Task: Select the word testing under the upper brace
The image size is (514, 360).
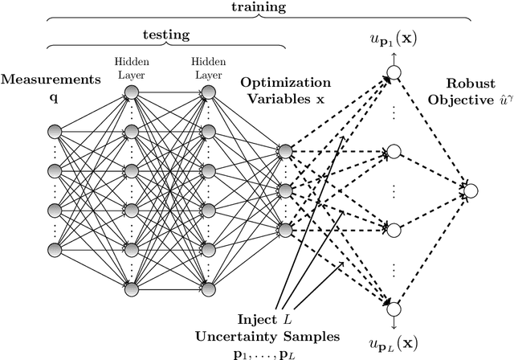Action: (x=165, y=35)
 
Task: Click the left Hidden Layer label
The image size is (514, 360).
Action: (x=131, y=65)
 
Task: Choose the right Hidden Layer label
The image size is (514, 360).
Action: (x=207, y=65)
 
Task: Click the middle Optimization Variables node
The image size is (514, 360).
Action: (x=284, y=190)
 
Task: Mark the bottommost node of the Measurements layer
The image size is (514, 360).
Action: (x=55, y=248)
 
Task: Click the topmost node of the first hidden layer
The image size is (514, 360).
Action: (x=131, y=92)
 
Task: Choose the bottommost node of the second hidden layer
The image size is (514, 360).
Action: (x=207, y=288)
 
